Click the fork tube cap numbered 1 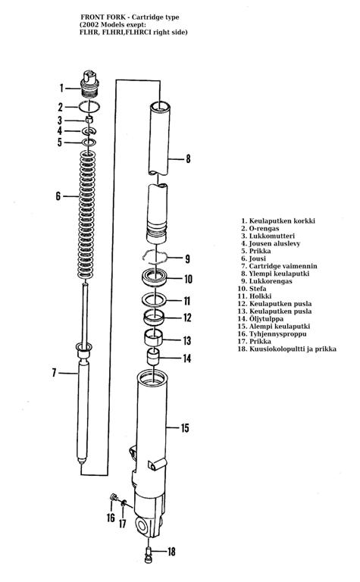click(x=90, y=84)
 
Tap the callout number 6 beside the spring click(x=58, y=196)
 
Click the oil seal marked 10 click(x=155, y=277)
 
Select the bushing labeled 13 click(x=154, y=338)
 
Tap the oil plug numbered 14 click(x=154, y=357)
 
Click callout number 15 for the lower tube click(x=185, y=428)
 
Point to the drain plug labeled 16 click(x=113, y=496)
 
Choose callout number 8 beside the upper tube click(x=188, y=159)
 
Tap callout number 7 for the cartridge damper click(x=54, y=373)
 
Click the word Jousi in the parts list click(x=257, y=258)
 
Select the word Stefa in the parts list click(x=258, y=289)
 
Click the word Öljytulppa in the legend click(x=266, y=319)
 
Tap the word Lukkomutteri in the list click(x=271, y=236)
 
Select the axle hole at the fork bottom click(x=142, y=526)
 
